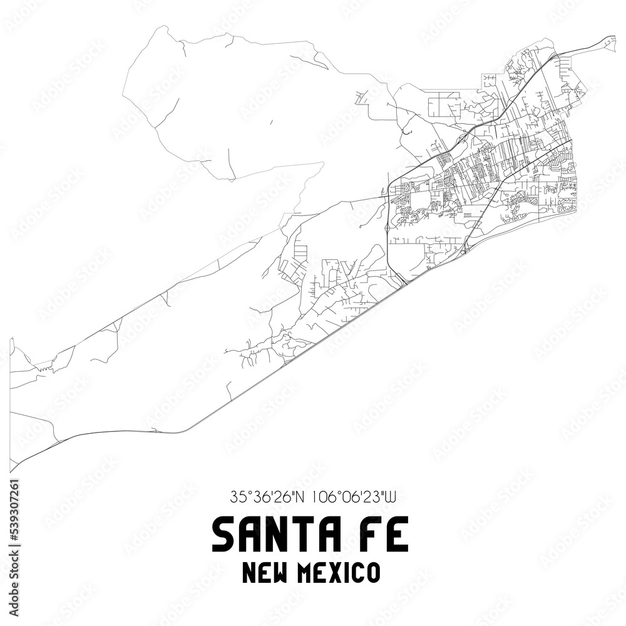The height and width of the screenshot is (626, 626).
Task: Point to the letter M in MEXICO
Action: pyautogui.click(x=305, y=573)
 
